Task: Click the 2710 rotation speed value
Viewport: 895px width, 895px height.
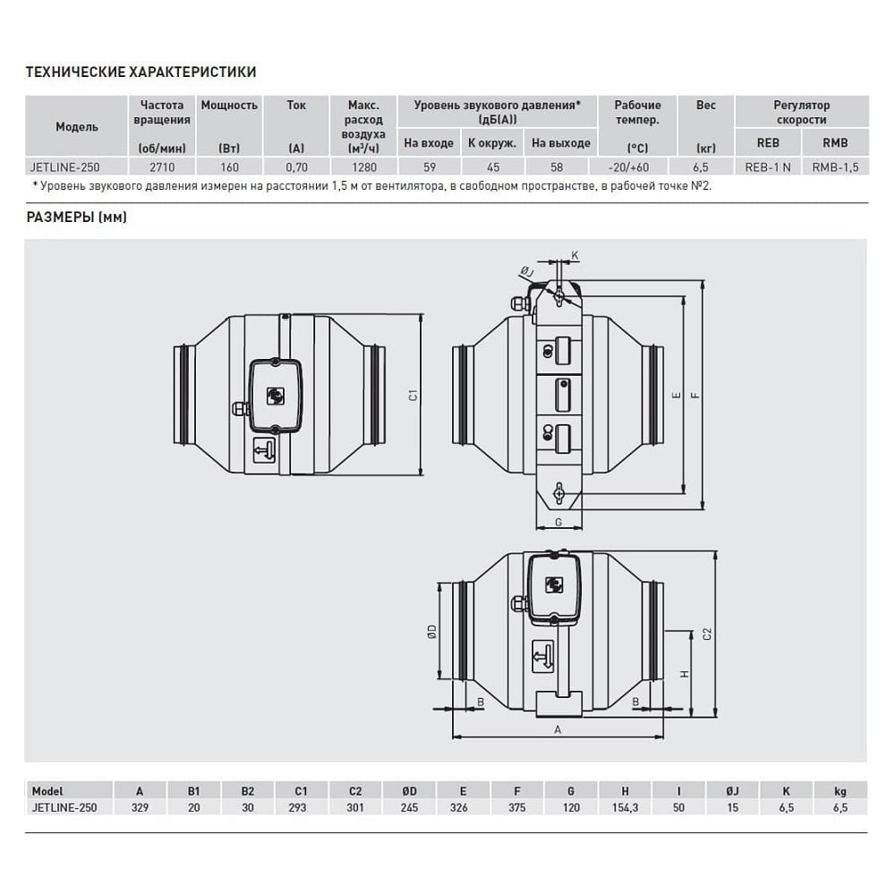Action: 162,167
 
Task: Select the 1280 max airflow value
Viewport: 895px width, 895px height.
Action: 364,167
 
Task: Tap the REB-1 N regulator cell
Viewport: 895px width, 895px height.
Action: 768,167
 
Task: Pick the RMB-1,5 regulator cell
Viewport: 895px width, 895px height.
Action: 835,167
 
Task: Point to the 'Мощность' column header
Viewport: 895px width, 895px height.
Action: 229,105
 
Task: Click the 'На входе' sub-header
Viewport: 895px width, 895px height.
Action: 429,142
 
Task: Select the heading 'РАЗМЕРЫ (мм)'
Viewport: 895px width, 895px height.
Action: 76,217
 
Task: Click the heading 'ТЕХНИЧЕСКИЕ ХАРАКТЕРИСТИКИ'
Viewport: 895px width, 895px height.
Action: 141,72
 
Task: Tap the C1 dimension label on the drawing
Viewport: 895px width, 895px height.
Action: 413,395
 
